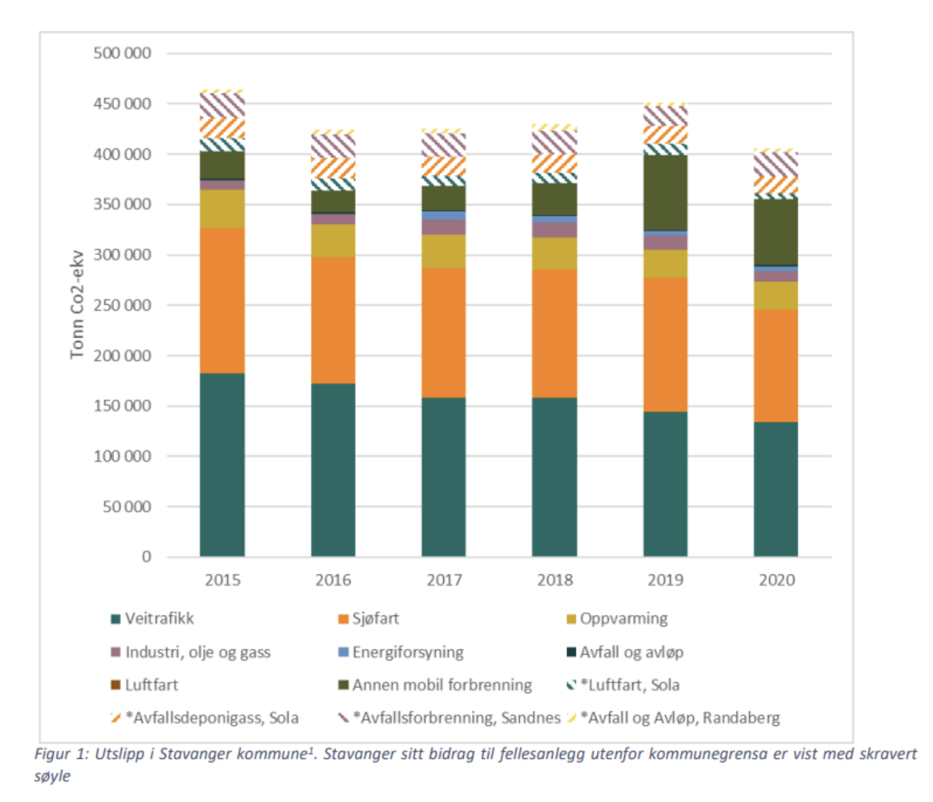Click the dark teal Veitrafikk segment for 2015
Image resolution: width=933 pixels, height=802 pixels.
tap(222, 465)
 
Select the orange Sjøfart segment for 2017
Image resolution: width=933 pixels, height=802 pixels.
tap(444, 333)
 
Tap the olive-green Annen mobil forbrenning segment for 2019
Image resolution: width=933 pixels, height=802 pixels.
tap(665, 193)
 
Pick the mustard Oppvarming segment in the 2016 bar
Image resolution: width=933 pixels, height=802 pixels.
tap(333, 240)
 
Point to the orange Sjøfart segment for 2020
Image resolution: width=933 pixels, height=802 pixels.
tap(776, 365)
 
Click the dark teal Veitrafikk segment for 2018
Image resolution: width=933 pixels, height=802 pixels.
tap(555, 477)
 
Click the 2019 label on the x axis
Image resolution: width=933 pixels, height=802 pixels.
tap(665, 580)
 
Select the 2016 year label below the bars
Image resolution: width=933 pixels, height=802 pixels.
tap(333, 580)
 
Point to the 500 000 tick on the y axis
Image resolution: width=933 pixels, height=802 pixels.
tap(122, 53)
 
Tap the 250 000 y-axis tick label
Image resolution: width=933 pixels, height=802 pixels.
tap(122, 305)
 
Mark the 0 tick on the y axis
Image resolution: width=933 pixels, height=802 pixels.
tap(146, 557)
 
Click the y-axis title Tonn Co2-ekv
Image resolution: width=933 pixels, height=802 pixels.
tap(76, 305)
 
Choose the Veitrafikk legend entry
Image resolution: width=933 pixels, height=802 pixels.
tap(159, 619)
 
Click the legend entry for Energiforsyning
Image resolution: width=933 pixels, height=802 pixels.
tap(408, 652)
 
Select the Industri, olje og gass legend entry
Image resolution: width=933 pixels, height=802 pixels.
tap(197, 652)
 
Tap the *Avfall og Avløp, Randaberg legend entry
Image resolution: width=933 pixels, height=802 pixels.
tap(680, 718)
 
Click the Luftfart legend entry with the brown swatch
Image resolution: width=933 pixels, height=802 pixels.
tap(151, 685)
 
